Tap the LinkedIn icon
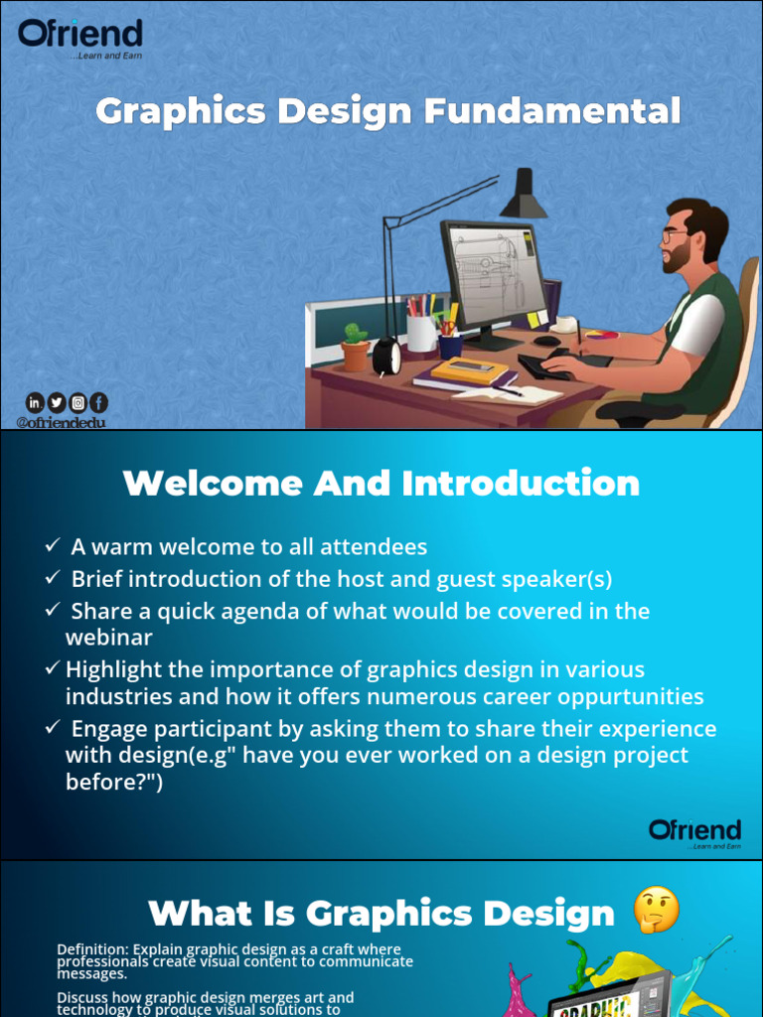[35, 402]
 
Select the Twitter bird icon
[57, 402]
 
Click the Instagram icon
[77, 402]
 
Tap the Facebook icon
[98, 402]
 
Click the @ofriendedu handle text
[61, 422]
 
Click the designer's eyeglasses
[673, 236]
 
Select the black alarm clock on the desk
[386, 357]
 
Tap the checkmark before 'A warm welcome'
[53, 546]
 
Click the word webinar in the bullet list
[108, 637]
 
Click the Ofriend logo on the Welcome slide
[694, 832]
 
